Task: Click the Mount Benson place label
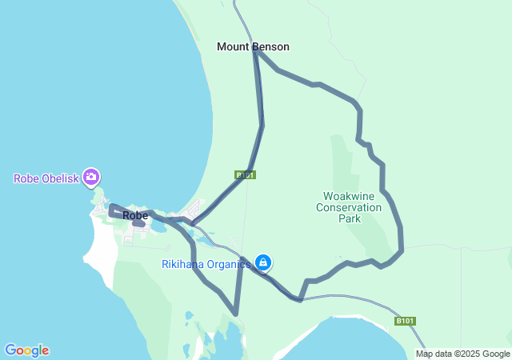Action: click(x=253, y=47)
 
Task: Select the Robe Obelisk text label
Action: click(x=46, y=178)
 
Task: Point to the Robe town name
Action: click(x=135, y=215)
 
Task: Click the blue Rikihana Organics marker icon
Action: click(x=262, y=262)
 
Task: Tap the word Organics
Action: click(x=231, y=264)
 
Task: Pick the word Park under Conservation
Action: click(x=350, y=218)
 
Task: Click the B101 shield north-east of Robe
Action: click(x=246, y=174)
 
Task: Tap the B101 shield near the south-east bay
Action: click(x=406, y=321)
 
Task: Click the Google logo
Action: click(x=26, y=350)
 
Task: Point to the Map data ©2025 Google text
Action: click(x=462, y=354)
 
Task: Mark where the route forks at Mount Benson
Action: click(x=255, y=50)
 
